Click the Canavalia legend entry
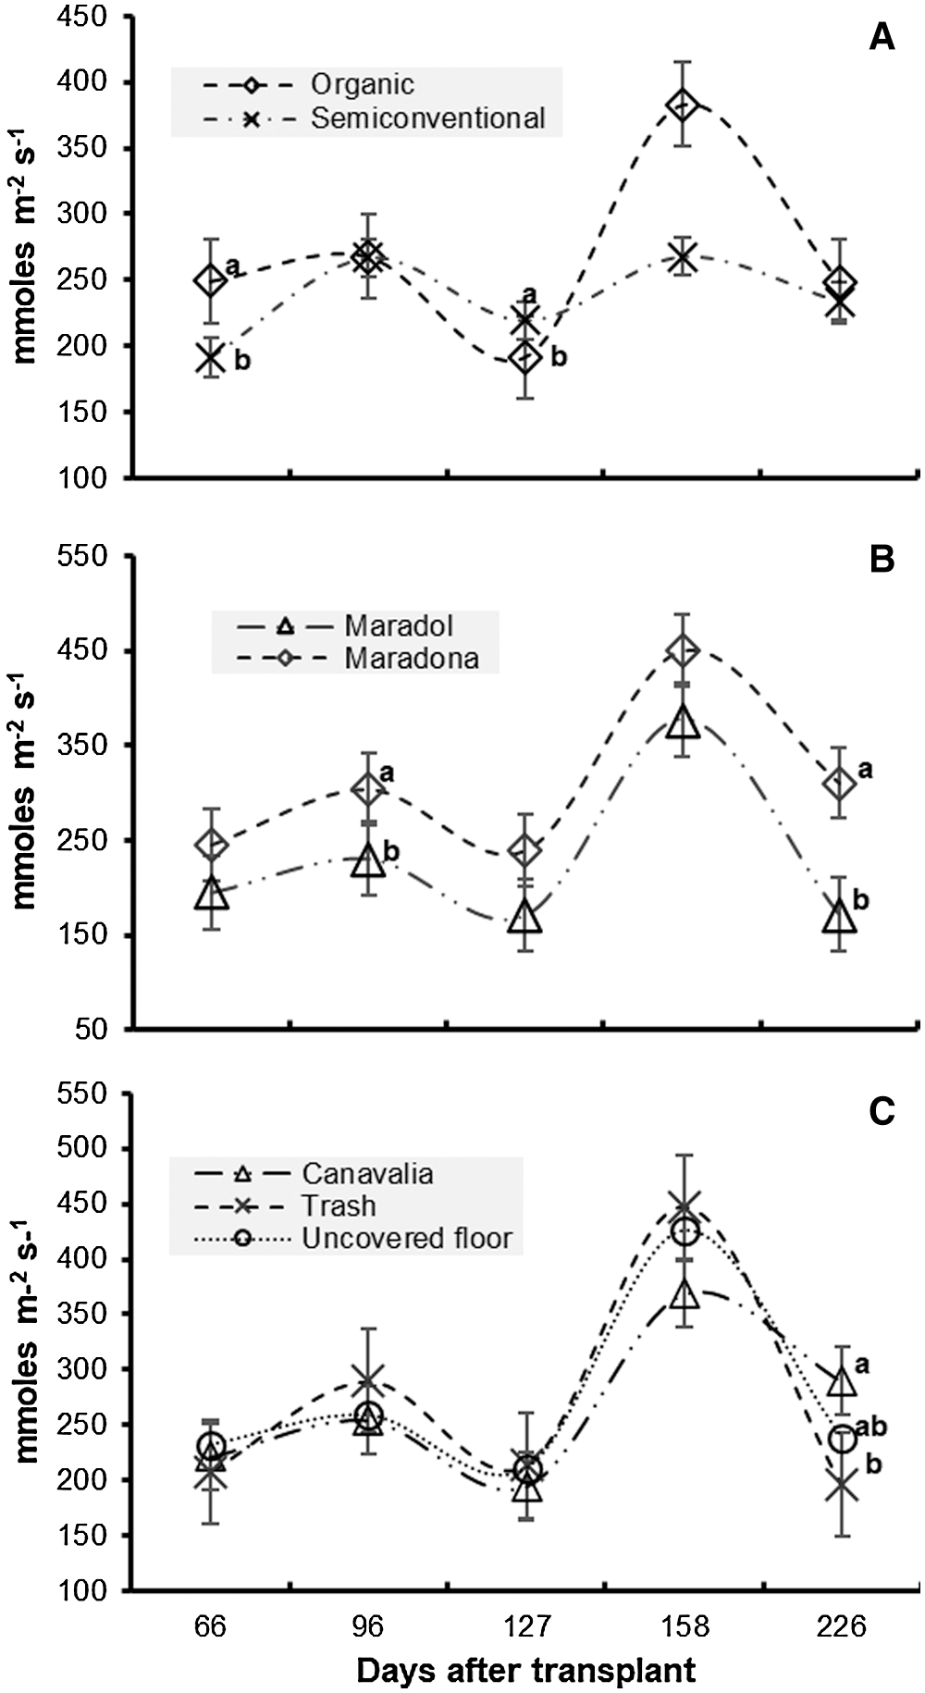click(367, 1173)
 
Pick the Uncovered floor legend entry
click(406, 1238)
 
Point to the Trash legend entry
click(339, 1205)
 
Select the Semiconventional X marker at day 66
click(212, 357)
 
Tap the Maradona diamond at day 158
click(683, 650)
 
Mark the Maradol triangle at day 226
click(840, 916)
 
